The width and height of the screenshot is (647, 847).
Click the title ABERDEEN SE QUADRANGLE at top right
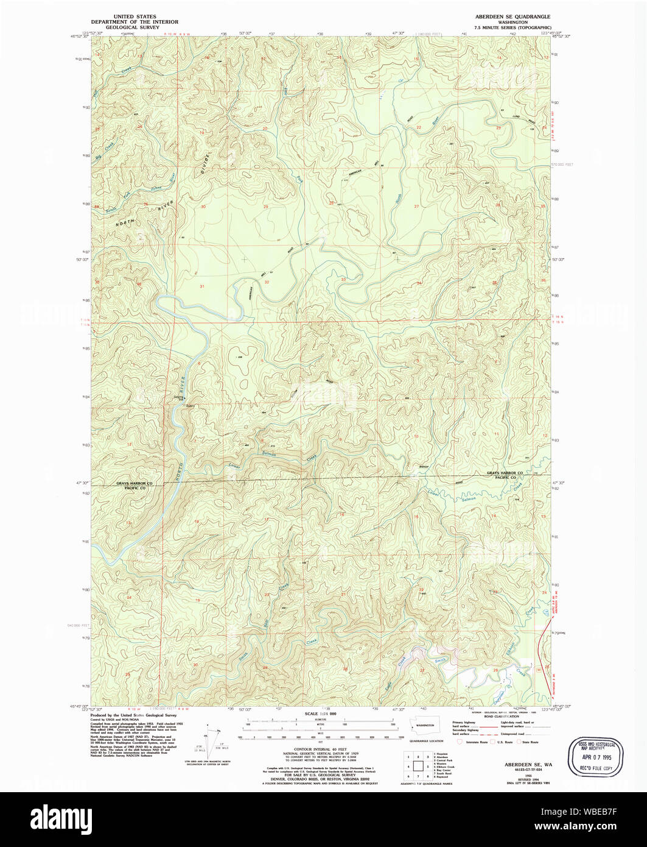(512, 16)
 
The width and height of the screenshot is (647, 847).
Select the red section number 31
(202, 286)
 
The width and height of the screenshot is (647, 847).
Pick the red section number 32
(267, 282)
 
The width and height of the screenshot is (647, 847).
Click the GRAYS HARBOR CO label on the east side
(505, 473)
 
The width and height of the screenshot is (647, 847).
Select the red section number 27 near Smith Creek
(422, 670)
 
